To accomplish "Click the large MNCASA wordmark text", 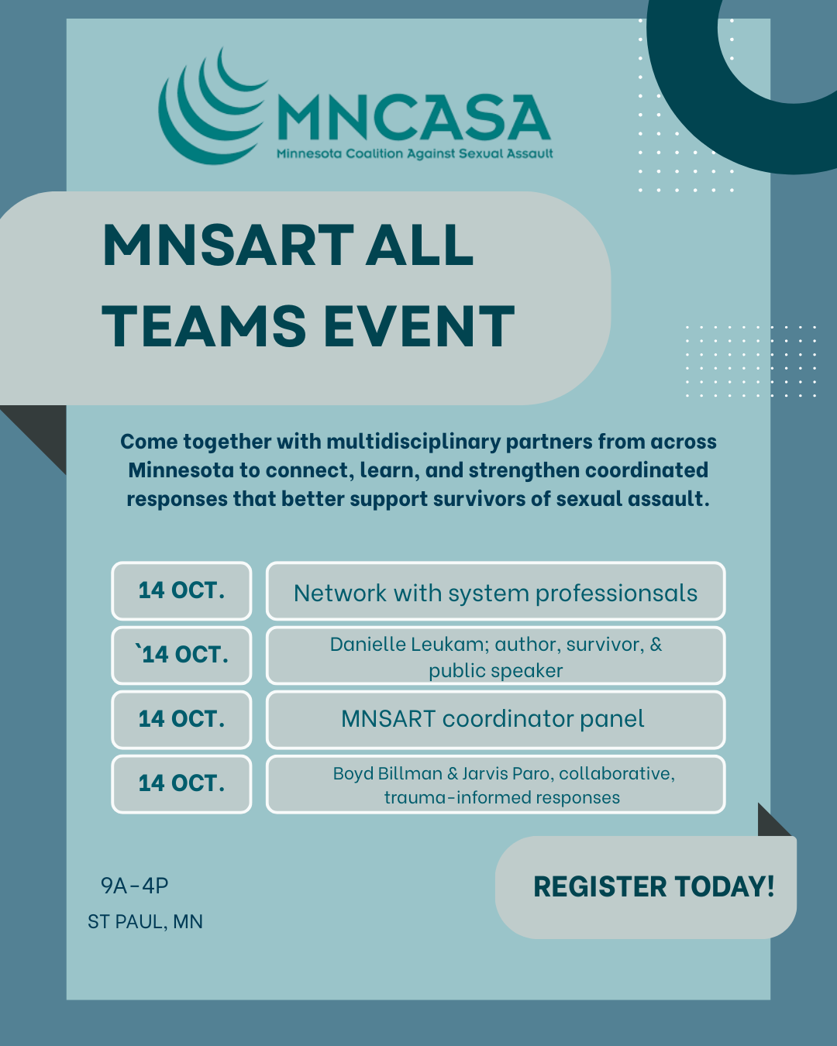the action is (x=414, y=117).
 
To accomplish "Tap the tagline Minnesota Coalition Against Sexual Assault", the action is (x=415, y=154).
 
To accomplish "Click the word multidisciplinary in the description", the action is (x=413, y=442).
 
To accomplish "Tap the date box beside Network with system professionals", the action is (x=181, y=591).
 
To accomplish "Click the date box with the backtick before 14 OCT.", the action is (x=181, y=655).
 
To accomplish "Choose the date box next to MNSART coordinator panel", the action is (x=181, y=719).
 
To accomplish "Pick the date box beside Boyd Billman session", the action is (x=181, y=783).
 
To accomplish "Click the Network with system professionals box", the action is (x=495, y=591).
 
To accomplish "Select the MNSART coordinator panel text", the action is (x=493, y=719).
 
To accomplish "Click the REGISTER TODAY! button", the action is (x=646, y=887).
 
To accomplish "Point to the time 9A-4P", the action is (x=134, y=886).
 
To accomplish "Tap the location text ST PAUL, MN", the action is (x=145, y=922).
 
